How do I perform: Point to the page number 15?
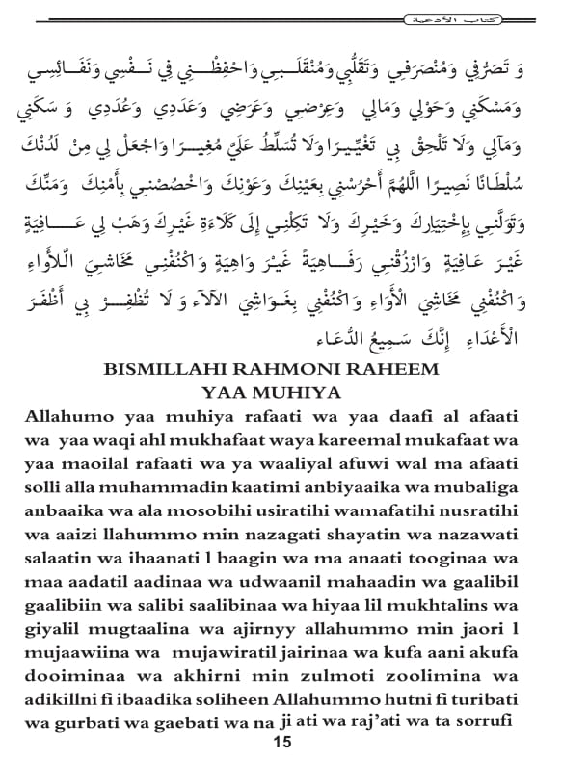tap(281, 742)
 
